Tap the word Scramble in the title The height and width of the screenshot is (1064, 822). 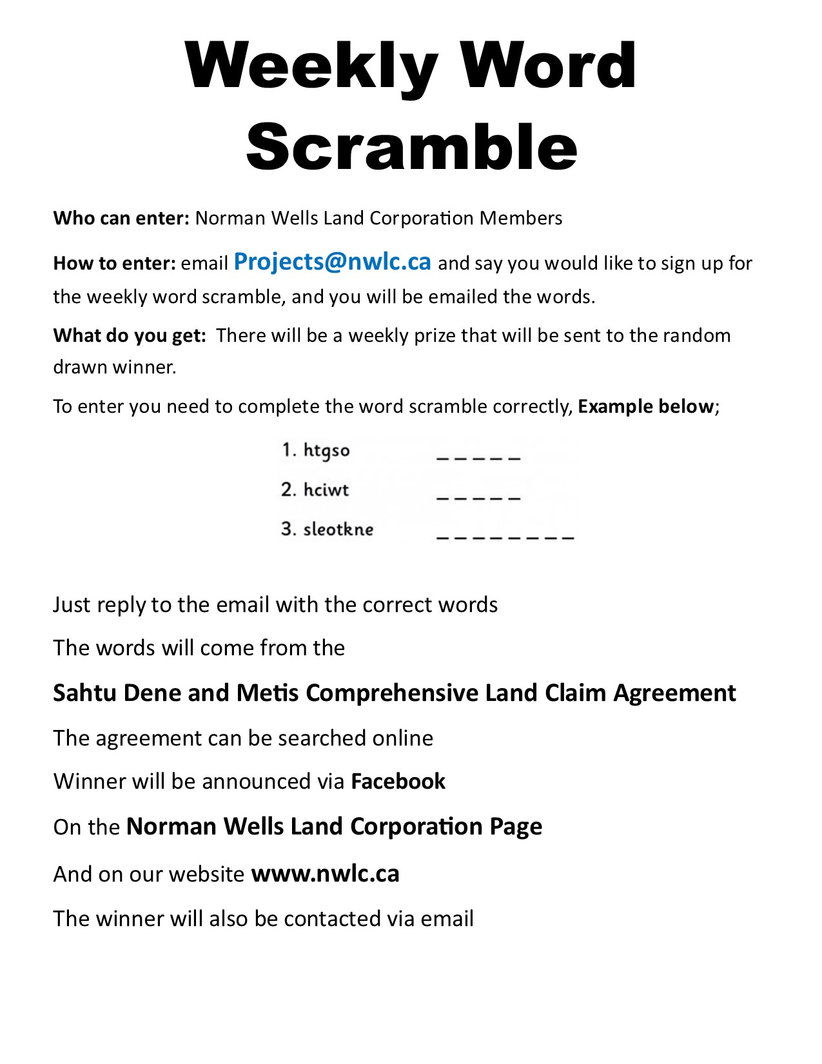pyautogui.click(x=411, y=147)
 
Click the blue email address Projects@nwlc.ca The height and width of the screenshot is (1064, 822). pyautogui.click(x=332, y=261)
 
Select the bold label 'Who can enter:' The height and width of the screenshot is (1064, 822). pyautogui.click(x=121, y=218)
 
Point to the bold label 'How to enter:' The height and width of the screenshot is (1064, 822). pyautogui.click(x=114, y=263)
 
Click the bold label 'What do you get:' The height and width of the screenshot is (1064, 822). pyautogui.click(x=130, y=335)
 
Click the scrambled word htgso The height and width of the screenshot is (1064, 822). pyautogui.click(x=326, y=450)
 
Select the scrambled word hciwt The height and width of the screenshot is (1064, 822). pyautogui.click(x=326, y=490)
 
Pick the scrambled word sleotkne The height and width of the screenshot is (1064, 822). pyautogui.click(x=338, y=529)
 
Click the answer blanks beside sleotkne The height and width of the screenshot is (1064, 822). pyautogui.click(x=505, y=537)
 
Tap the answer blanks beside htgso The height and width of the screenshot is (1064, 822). pyautogui.click(x=478, y=458)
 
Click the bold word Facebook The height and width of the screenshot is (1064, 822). pyautogui.click(x=398, y=782)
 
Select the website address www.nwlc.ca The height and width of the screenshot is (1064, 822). pyautogui.click(x=325, y=874)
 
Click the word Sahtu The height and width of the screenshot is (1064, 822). pyautogui.click(x=85, y=693)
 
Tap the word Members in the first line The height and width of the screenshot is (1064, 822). pyautogui.click(x=521, y=218)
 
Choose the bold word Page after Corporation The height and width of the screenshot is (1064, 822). pyautogui.click(x=516, y=827)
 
